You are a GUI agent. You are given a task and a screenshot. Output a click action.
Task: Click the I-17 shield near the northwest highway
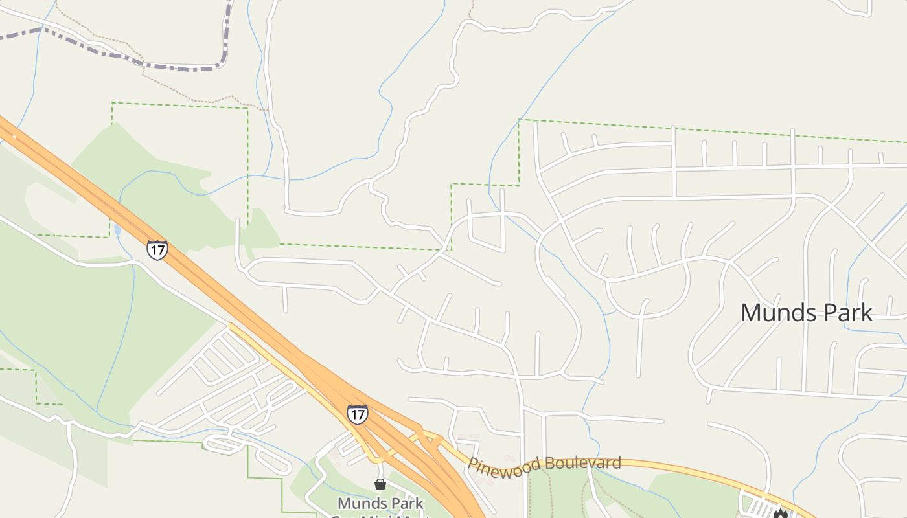coord(157,249)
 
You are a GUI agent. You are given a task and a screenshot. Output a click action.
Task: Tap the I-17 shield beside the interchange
coord(357,413)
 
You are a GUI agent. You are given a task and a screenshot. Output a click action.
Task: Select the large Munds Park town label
coord(806,313)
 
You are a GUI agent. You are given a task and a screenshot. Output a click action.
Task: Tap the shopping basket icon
coord(380,484)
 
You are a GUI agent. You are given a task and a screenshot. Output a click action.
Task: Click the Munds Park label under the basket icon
coord(380,503)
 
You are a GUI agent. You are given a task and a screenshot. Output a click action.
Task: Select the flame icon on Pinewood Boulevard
coord(780,513)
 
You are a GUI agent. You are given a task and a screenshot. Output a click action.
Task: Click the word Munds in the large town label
coord(773,313)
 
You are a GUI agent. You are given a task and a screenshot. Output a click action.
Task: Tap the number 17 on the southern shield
coord(357,412)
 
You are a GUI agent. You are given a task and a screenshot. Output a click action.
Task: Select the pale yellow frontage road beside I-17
coord(285,369)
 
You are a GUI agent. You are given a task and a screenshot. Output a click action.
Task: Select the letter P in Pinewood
coord(474,466)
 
